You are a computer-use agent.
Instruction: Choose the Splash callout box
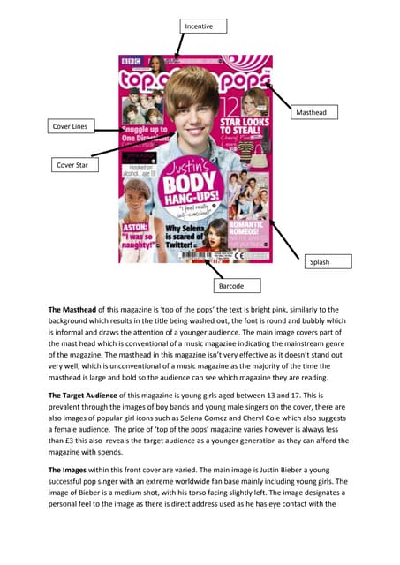(328, 262)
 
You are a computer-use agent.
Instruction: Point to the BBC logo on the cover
(130, 61)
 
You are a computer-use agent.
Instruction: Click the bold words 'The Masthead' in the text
(77, 310)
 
